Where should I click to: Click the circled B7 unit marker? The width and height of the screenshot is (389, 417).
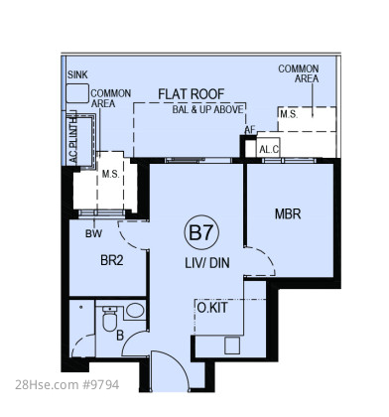(x=201, y=233)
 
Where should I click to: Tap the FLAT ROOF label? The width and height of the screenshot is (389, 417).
(x=192, y=94)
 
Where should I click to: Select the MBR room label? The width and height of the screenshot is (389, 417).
(x=288, y=214)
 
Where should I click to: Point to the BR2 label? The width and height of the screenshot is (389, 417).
(x=112, y=260)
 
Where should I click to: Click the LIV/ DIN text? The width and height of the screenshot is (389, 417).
(x=207, y=263)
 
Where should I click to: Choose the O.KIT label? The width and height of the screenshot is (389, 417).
(x=212, y=308)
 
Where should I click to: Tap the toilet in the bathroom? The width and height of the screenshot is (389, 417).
(x=109, y=319)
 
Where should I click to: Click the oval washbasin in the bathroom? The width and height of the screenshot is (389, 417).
(x=135, y=311)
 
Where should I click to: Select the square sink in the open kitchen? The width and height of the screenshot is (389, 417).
(x=232, y=346)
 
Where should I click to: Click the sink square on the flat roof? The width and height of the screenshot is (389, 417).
(x=77, y=93)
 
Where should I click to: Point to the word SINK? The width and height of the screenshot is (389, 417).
(x=77, y=74)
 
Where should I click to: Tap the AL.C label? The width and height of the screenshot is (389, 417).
(x=269, y=150)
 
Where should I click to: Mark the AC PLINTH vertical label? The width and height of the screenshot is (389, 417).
(x=73, y=141)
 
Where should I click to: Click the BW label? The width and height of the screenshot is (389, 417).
(x=93, y=233)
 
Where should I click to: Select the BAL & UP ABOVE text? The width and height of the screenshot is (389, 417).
(x=207, y=109)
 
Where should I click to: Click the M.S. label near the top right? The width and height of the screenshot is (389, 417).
(x=289, y=114)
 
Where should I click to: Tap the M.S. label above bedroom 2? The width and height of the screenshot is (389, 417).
(x=110, y=174)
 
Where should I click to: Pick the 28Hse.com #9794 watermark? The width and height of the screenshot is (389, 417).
(x=66, y=385)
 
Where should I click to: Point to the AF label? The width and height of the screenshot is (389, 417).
(x=250, y=130)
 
